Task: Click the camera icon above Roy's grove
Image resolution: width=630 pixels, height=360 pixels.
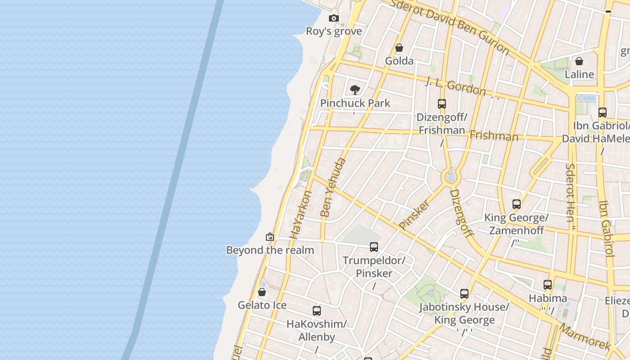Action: pyautogui.click(x=333, y=18)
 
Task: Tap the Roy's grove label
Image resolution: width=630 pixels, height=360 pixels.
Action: pyautogui.click(x=334, y=31)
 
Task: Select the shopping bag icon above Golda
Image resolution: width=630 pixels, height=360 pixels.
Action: pyautogui.click(x=399, y=48)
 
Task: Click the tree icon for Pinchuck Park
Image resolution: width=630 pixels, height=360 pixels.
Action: pyautogui.click(x=355, y=90)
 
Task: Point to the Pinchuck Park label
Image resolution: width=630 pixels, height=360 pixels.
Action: pyautogui.click(x=355, y=103)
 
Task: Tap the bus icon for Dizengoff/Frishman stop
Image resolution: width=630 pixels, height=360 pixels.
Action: pyautogui.click(x=442, y=104)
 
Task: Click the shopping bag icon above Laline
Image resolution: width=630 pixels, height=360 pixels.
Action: pyautogui.click(x=579, y=61)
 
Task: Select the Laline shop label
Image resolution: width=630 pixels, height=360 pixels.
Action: pyautogui.click(x=579, y=74)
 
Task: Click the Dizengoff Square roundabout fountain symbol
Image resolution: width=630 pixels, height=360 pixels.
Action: pyautogui.click(x=450, y=177)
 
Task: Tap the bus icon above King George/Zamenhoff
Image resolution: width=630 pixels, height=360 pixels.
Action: pyautogui.click(x=517, y=204)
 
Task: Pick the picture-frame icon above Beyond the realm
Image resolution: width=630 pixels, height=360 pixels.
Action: pyautogui.click(x=270, y=237)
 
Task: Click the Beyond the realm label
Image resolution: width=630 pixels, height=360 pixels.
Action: pyautogui.click(x=270, y=250)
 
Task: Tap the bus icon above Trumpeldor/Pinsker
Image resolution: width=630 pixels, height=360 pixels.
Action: pyautogui.click(x=374, y=247)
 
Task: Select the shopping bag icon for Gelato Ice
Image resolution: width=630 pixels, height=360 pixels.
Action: pyautogui.click(x=262, y=292)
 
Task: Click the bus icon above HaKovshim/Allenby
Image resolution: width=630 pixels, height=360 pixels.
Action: pyautogui.click(x=317, y=311)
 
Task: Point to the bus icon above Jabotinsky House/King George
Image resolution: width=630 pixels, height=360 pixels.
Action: pyautogui.click(x=464, y=294)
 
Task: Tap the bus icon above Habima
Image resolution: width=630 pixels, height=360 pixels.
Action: pyautogui.click(x=548, y=285)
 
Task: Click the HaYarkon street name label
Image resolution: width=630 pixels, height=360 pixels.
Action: pyautogui.click(x=301, y=215)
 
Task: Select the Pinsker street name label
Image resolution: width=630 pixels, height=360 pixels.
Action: pyautogui.click(x=414, y=215)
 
